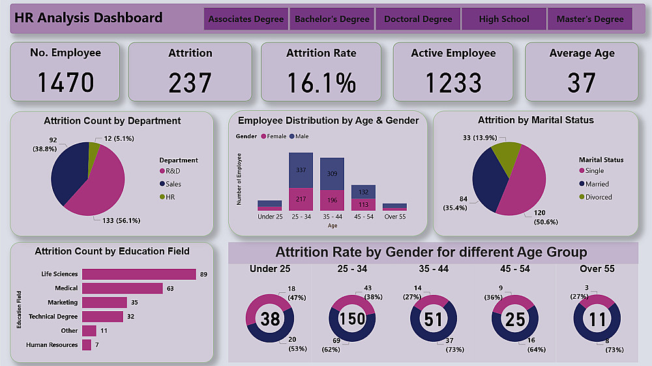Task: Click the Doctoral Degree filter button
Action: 418,19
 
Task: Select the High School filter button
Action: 504,19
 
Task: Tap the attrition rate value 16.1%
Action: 321,83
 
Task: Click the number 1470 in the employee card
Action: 65,83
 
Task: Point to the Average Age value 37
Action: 581,83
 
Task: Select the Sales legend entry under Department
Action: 173,184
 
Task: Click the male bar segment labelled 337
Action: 301,170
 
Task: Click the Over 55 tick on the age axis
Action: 394,217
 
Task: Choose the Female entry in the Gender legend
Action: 274,136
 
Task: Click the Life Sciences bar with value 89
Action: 139,274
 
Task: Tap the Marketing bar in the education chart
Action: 104,303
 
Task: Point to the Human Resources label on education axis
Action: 52,345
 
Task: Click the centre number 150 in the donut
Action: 353,319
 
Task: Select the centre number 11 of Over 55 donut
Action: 597,319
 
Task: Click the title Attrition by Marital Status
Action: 535,120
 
